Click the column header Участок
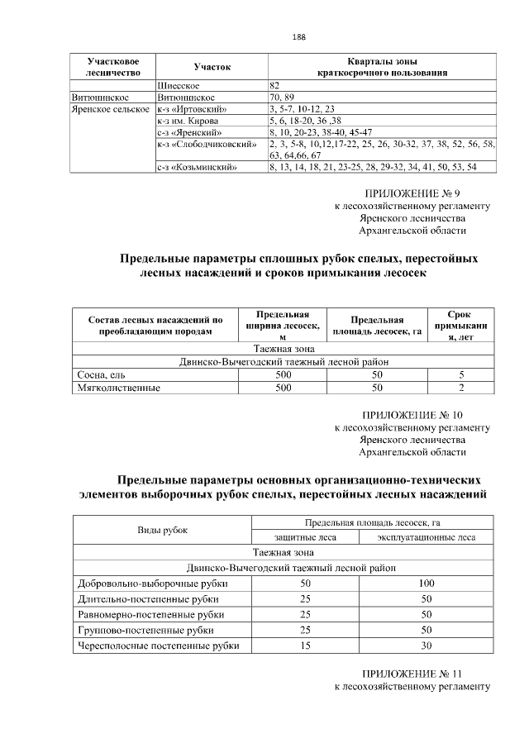pos(212,66)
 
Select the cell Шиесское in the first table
pos(178,85)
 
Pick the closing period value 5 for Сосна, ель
pos(461,375)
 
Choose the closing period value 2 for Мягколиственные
pos(461,387)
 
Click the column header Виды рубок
pos(163,529)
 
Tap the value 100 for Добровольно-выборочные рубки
pos(427,584)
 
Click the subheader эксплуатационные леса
pos(427,536)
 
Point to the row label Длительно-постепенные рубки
pos(145,599)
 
